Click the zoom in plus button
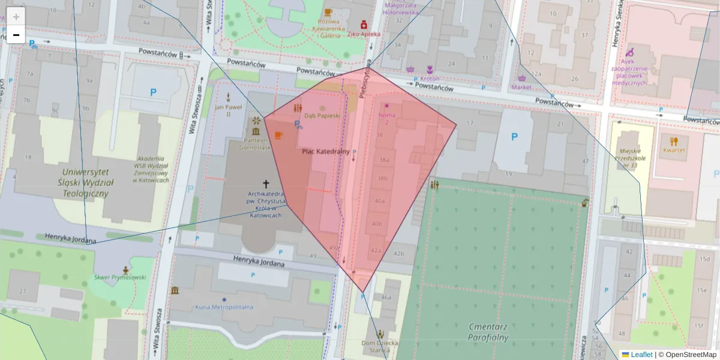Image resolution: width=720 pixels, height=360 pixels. [16, 16]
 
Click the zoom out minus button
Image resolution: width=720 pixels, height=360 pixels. [16, 35]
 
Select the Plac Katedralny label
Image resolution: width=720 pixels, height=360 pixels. [325, 152]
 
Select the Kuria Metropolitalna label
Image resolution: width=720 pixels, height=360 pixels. [224, 307]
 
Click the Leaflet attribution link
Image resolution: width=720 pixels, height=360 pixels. [641, 355]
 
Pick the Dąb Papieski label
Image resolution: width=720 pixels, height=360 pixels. [322, 115]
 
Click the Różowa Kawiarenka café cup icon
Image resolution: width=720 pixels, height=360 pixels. [328, 12]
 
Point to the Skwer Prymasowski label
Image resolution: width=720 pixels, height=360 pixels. [120, 277]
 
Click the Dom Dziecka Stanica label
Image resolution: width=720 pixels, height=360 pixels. [380, 347]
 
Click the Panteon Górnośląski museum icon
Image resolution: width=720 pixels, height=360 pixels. [256, 132]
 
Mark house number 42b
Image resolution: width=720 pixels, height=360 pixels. [399, 253]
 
